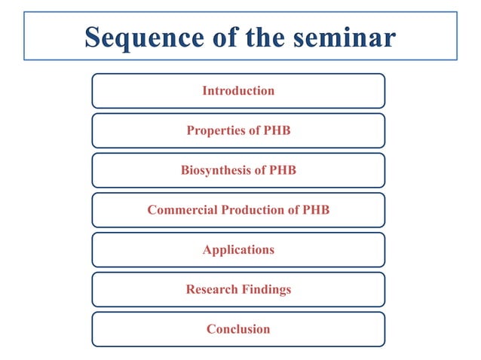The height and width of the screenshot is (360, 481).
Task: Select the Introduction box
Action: [238, 91]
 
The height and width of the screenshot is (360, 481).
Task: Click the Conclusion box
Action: [238, 329]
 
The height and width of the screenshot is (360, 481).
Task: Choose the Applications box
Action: [238, 250]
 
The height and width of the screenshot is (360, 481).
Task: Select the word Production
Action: [253, 210]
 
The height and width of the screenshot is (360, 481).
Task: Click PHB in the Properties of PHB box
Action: [277, 131]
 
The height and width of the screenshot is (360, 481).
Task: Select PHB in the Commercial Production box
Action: [316, 210]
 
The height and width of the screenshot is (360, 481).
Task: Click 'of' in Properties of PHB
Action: [253, 131]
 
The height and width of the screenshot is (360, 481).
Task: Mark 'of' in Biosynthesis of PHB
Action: [260, 171]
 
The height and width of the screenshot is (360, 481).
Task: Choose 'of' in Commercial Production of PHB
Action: [293, 210]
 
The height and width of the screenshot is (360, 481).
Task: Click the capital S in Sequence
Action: [94, 37]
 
